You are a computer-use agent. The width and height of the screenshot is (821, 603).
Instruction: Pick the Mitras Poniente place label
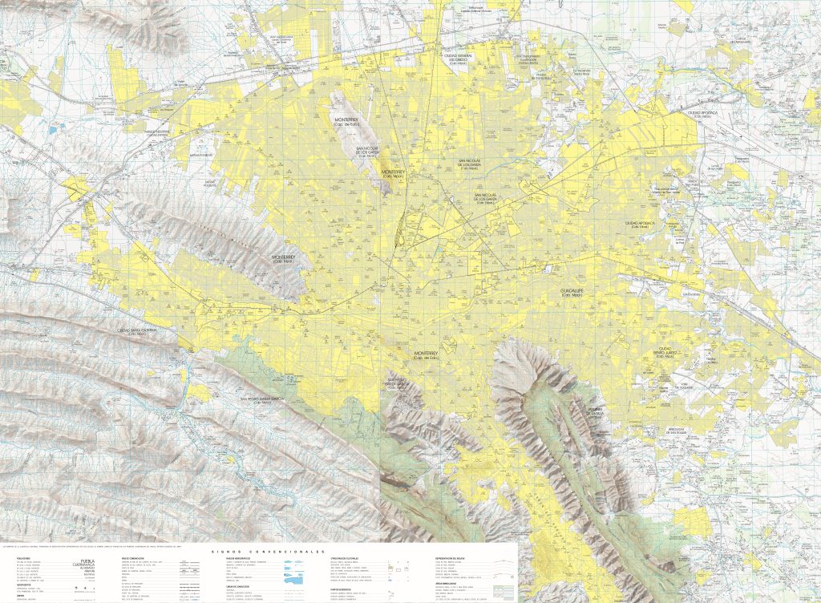coord(202,154)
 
